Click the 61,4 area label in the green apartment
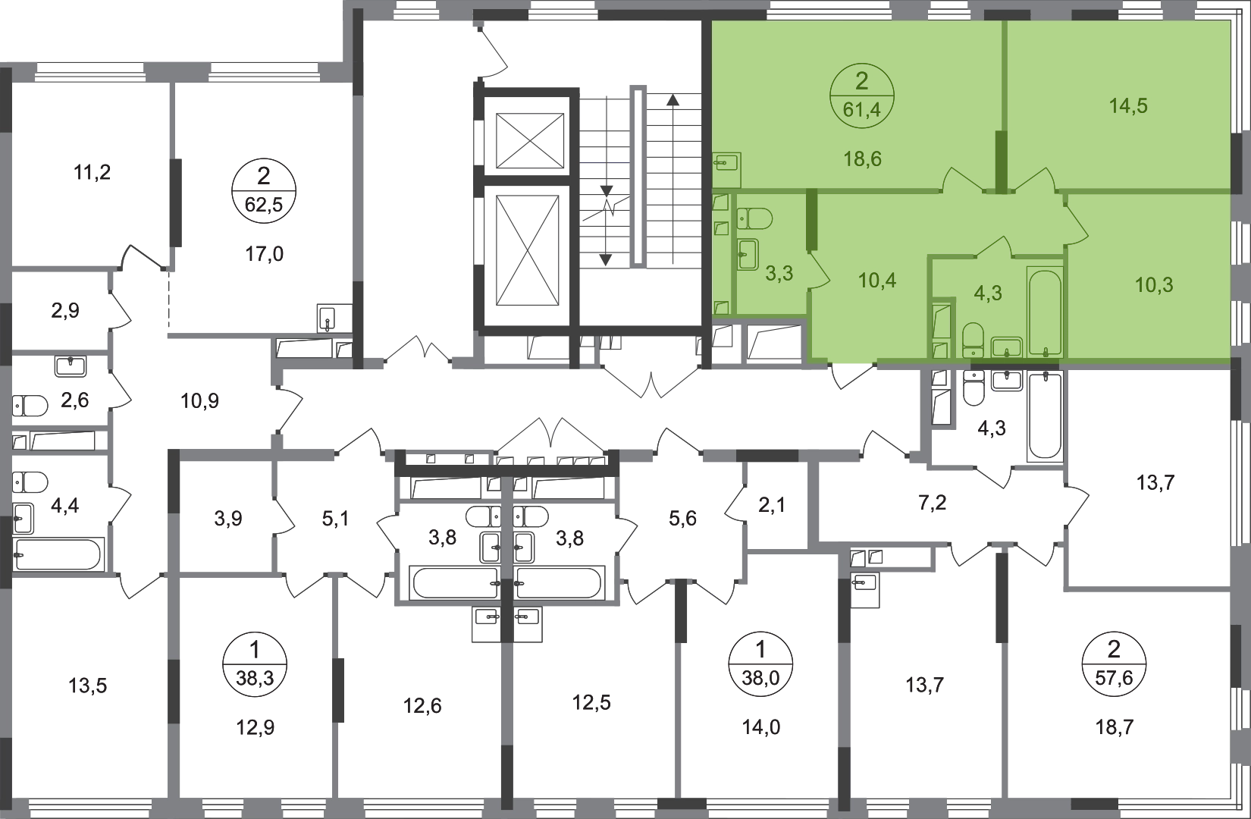[862, 109]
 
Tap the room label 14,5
[1128, 105]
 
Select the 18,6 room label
[862, 159]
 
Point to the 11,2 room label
[92, 172]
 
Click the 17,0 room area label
[264, 254]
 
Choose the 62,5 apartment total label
[264, 205]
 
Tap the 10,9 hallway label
[199, 400]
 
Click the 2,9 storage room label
[64, 310]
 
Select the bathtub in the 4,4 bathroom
[58, 554]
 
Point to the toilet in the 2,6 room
[30, 406]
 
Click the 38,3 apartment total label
[255, 678]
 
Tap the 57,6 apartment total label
[1114, 678]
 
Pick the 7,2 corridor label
[932, 503]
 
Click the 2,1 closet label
[772, 505]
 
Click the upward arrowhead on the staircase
[673, 100]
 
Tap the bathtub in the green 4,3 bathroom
[1044, 313]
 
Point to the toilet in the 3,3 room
[754, 218]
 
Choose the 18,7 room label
[1115, 727]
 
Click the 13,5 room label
[88, 685]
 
